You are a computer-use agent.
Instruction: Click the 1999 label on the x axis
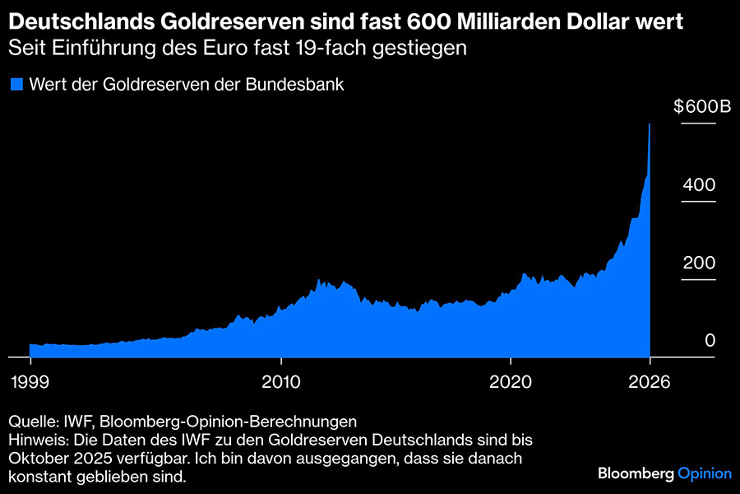(x=30, y=382)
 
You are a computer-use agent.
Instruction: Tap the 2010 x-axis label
(x=281, y=382)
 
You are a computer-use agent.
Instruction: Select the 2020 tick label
(x=511, y=382)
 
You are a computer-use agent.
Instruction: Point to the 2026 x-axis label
(x=650, y=382)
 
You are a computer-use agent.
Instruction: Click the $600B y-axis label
(x=695, y=106)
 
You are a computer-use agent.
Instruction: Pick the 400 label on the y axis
(x=699, y=184)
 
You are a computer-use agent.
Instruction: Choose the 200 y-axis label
(x=699, y=263)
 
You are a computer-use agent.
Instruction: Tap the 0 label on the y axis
(x=709, y=341)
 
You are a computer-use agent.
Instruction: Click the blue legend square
(x=16, y=84)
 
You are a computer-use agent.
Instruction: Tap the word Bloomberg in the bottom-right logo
(x=636, y=473)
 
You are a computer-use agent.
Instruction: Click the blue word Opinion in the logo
(x=705, y=473)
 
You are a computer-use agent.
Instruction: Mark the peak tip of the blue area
(x=650, y=124)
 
